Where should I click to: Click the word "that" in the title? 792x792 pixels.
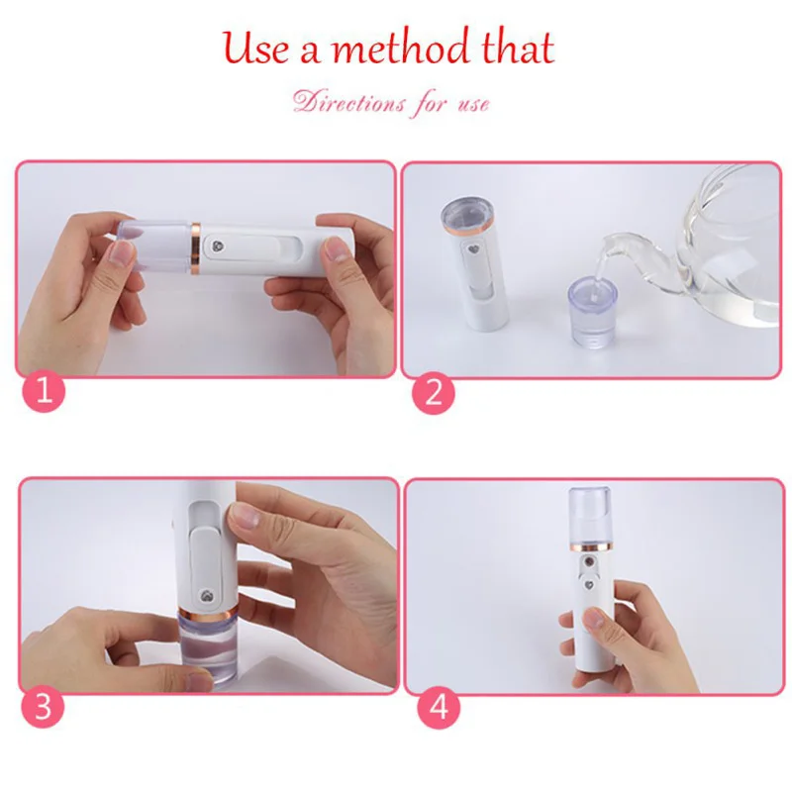[514, 48]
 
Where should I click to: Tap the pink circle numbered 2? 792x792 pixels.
[433, 392]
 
